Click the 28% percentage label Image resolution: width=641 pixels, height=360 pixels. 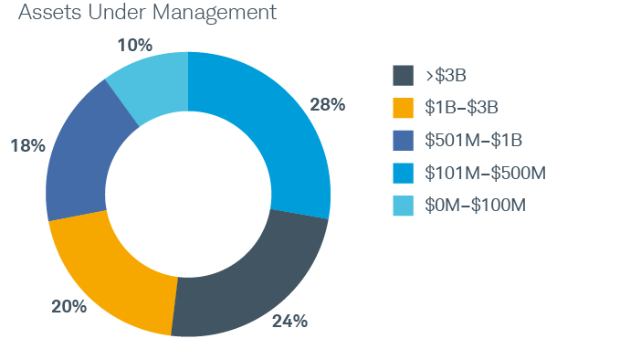(327, 105)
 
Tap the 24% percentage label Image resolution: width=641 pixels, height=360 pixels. (289, 322)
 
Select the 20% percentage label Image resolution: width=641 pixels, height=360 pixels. (68, 307)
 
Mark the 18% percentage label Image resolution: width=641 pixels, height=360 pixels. (26, 146)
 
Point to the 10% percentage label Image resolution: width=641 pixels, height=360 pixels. (134, 44)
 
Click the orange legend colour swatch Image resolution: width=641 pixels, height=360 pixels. (403, 107)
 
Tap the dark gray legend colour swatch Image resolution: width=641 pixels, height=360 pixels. (403, 74)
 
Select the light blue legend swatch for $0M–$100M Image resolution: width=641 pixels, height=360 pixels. (403, 206)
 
